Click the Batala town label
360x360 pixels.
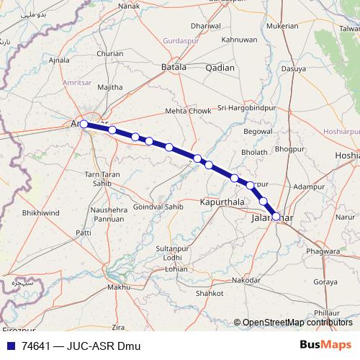(174, 67)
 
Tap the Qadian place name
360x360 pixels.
(220, 67)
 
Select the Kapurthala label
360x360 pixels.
(219, 204)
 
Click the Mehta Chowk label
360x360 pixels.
(189, 112)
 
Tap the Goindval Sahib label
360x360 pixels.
(154, 207)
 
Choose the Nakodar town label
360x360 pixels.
(246, 279)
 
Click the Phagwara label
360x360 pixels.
(323, 251)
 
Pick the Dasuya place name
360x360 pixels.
(293, 70)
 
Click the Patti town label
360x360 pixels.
(84, 233)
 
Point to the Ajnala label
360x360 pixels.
(58, 61)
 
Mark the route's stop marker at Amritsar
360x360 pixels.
(84, 124)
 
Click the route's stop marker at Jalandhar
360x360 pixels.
(276, 216)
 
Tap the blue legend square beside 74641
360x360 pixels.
(10, 346)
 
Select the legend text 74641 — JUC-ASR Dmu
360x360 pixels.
(79, 346)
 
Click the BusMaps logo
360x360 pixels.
(325, 345)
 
